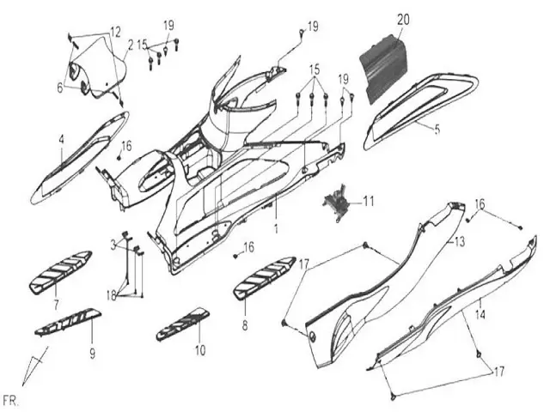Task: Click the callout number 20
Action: point(403,18)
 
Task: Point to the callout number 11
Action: point(368,202)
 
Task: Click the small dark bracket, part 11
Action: point(336,203)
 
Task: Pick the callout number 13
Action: point(459,243)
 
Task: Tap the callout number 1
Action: point(276,230)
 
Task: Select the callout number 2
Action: point(131,44)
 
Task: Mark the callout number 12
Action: point(115,32)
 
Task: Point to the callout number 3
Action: point(113,245)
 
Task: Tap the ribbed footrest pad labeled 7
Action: point(62,270)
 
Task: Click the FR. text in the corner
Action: point(11,401)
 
